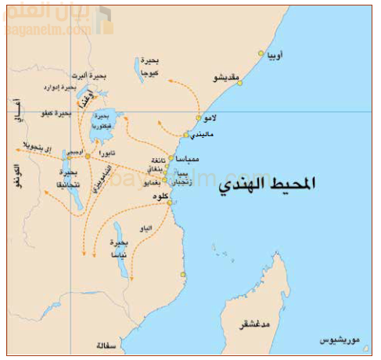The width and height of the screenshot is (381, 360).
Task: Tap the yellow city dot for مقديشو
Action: (240, 82)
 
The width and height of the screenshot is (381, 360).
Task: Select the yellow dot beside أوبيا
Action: (261, 54)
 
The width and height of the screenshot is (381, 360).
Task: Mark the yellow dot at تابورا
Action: (88, 156)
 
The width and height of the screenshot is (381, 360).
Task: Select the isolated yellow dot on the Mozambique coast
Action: (183, 274)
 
